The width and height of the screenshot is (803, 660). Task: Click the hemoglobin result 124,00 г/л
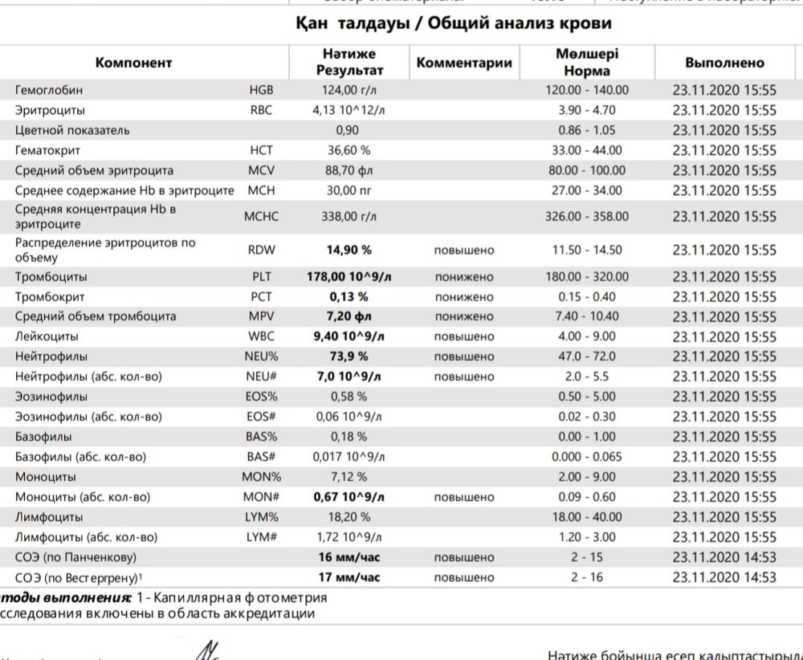pos(349,90)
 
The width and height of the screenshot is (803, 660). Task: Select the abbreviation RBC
pos(261,110)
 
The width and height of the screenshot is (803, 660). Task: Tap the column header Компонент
pos(134,63)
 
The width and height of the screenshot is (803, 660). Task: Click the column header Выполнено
pos(724,63)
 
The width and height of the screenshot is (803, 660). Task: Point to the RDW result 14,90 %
pos(349,250)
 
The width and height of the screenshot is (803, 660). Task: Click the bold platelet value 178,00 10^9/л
pos(349,277)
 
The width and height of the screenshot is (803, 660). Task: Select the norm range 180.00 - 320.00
pos(587,277)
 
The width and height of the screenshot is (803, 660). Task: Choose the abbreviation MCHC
pos(261,216)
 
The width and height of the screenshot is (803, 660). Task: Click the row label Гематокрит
pos(47,150)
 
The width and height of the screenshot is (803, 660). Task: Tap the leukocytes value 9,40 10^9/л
pos(349,336)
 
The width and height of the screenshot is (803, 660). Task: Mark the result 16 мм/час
pos(349,557)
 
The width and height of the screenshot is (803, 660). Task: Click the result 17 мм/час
pos(349,577)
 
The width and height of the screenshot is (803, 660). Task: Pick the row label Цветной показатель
pos(72,130)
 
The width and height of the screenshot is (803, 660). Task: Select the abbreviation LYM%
pos(261,517)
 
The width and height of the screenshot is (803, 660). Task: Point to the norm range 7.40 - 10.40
pos(587,316)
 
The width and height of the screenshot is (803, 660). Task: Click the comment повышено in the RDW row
pos(464,250)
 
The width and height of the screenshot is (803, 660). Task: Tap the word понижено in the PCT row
pos(464,297)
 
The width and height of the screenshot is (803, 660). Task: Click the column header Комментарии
pos(464,63)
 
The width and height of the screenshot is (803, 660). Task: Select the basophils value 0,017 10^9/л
pos(349,457)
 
